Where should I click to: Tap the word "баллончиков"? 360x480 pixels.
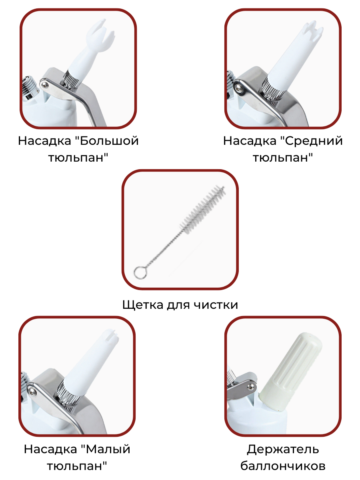click(x=283, y=466)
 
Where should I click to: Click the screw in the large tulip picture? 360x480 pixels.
click(x=45, y=84)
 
